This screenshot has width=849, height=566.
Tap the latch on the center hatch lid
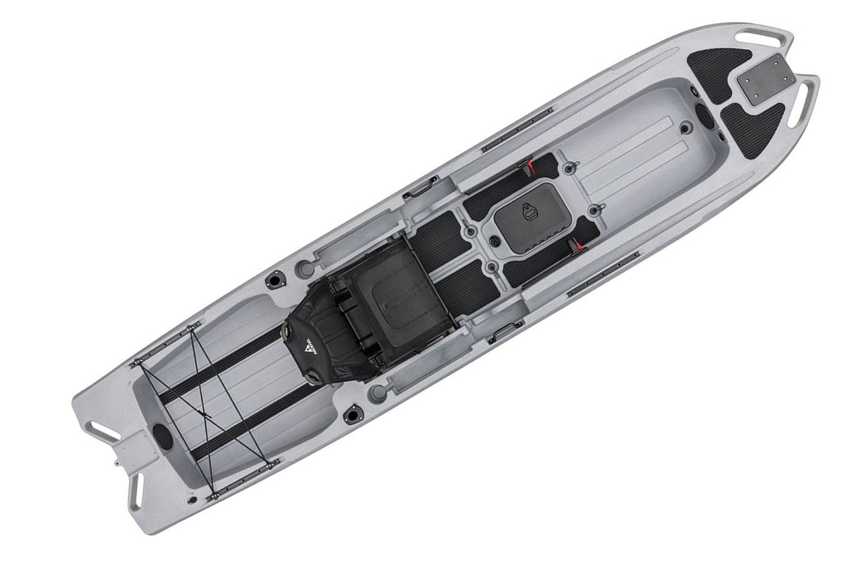point(528,211)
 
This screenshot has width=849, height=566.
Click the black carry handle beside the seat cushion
point(503,330)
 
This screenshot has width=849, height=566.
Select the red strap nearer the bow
point(531,164)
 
